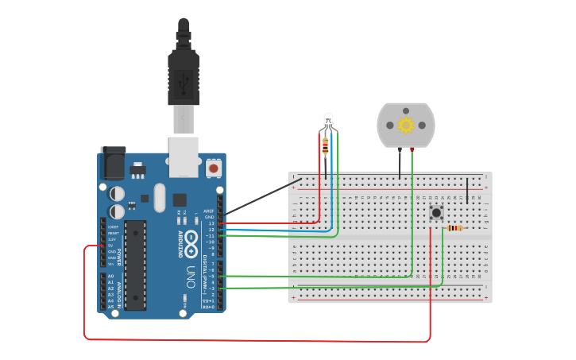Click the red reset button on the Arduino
pos(213,168)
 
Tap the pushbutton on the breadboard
pos(435,212)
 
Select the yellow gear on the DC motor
pos(406,125)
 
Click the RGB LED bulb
pos(329,122)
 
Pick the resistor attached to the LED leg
pos(325,145)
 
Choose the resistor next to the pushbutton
pos(454,228)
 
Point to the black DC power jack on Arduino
pos(113,164)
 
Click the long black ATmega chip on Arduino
pos(136,265)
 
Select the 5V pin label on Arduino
pos(112,246)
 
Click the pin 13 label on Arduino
pos(211,223)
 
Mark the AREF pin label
pos(210,211)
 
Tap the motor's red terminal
pos(412,149)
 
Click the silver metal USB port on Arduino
pos(184,156)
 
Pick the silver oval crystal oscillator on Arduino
pos(160,196)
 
